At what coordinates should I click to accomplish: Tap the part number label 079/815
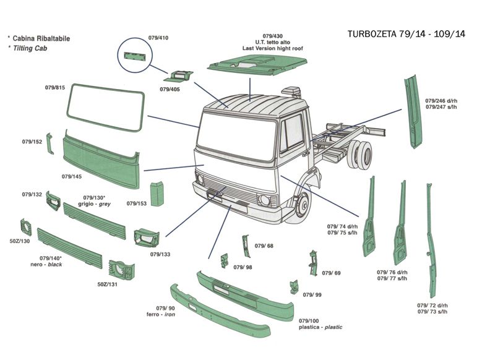(55, 88)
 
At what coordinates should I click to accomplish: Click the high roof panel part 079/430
(256, 65)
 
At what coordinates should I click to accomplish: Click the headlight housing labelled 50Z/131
(121, 270)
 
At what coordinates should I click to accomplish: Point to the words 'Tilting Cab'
(33, 48)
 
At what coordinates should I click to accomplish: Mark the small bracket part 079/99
(293, 286)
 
